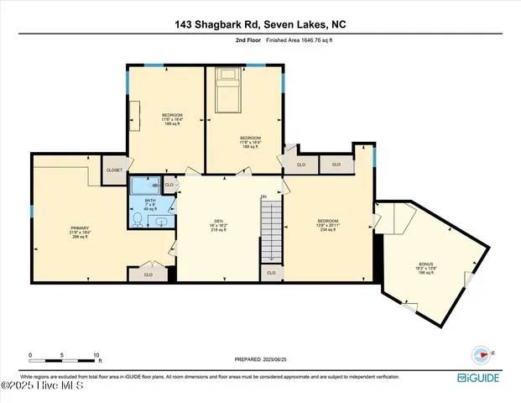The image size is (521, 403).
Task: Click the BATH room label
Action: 150,202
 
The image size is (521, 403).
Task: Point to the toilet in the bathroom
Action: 138,219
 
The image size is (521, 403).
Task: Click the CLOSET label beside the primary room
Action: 114,170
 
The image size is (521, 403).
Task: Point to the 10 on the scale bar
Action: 96,355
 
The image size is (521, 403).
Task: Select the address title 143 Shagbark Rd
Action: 260,24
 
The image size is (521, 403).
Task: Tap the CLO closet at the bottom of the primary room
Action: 148,274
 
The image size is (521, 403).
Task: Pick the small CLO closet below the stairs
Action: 270,273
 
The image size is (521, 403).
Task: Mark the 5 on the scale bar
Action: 63,355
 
